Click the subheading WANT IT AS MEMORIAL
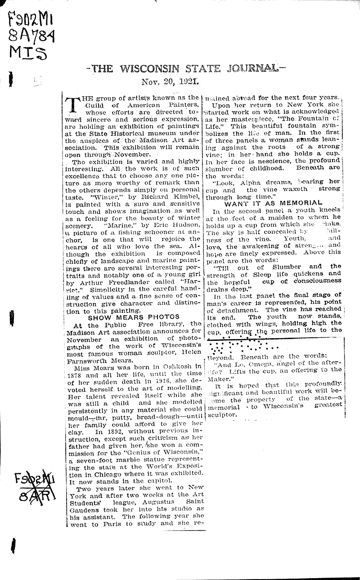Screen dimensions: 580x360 [273, 203]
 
